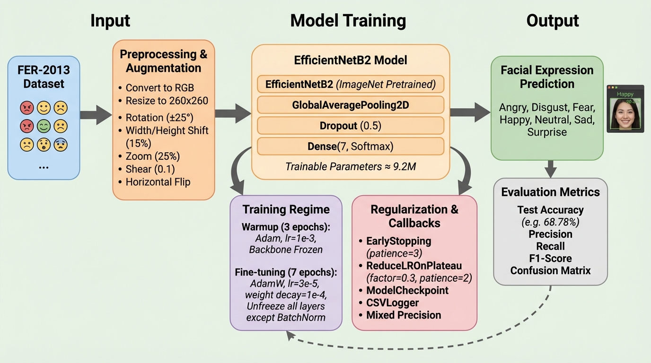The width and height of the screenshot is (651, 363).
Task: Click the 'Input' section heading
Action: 110,20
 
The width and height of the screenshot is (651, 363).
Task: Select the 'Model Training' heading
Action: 348,20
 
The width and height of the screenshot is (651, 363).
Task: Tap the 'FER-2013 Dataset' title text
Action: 44,77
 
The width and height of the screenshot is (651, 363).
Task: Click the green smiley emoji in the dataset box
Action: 44,126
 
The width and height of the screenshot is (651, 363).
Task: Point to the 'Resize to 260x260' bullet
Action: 167,100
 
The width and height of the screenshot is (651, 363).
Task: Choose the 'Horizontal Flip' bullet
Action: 158,181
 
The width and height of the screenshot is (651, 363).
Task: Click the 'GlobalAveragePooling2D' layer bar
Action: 351,105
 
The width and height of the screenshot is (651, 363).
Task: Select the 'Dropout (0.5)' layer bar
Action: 351,126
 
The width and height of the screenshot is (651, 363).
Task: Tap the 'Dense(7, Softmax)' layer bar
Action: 351,146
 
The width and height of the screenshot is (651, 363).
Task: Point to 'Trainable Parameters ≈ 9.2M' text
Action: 351,166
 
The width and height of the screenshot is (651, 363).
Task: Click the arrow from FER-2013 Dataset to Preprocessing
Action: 96,115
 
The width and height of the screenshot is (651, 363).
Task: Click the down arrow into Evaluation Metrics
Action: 550,168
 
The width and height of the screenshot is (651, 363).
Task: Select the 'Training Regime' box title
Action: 286,209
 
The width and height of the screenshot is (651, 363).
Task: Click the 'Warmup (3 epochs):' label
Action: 286,227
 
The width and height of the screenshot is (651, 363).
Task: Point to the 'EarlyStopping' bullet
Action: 398,241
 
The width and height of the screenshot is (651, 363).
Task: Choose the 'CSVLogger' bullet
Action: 392,302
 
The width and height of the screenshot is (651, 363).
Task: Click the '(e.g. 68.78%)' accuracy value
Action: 550,222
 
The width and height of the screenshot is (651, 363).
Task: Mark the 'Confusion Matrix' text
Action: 550,270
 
